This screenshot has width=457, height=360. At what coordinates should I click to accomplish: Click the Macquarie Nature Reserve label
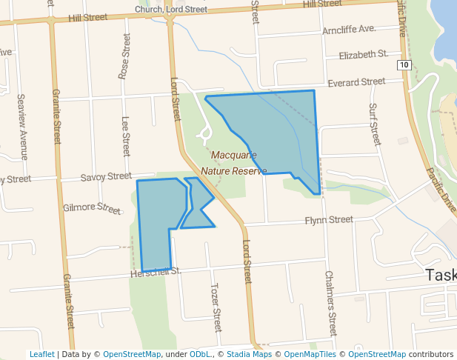(x=238, y=163)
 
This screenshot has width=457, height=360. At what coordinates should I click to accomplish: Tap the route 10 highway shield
(x=404, y=65)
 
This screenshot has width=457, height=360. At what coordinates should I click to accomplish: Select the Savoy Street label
(x=106, y=176)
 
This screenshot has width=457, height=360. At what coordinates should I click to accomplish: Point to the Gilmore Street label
(x=92, y=209)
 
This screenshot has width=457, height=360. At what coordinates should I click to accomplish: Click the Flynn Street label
(x=329, y=220)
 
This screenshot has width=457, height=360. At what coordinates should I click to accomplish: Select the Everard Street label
(x=356, y=81)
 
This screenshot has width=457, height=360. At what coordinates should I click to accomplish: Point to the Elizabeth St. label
(x=363, y=55)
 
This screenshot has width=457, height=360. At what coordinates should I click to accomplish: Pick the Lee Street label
(x=125, y=135)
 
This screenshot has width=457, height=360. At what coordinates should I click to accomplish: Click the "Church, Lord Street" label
(x=171, y=9)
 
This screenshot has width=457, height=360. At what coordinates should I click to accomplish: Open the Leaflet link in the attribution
(x=41, y=354)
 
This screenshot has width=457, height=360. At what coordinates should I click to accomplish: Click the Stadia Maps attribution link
(x=249, y=354)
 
